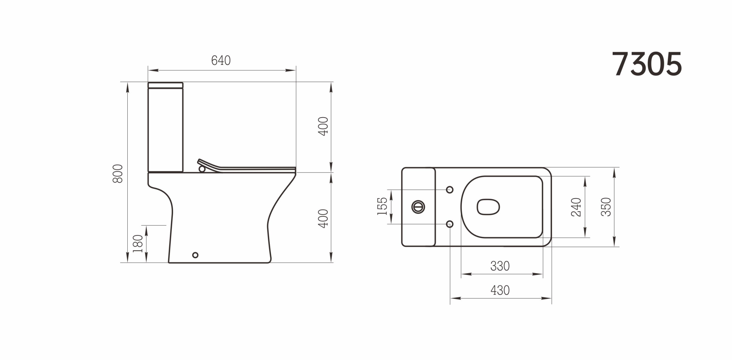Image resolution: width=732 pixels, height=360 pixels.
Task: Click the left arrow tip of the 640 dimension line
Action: click(x=148, y=70)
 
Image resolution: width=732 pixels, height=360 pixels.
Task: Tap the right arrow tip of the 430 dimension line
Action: click(x=552, y=298)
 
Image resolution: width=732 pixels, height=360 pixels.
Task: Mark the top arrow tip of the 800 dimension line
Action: click(x=127, y=82)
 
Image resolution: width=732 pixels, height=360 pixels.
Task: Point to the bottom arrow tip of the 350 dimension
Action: click(x=614, y=246)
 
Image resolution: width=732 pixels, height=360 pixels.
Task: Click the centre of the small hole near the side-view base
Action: click(x=195, y=255)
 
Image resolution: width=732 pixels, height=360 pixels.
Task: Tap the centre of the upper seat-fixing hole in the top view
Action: click(x=450, y=190)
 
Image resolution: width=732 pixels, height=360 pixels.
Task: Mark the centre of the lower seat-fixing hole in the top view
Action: click(x=450, y=224)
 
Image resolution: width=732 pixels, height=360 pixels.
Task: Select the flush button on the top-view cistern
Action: click(x=418, y=207)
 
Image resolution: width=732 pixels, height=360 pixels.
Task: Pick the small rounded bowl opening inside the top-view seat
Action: click(x=488, y=207)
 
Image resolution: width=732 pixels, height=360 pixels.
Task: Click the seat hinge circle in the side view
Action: click(x=202, y=169)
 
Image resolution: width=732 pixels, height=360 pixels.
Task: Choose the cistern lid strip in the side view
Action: click(x=165, y=85)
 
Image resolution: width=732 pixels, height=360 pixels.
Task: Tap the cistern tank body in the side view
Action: click(x=165, y=130)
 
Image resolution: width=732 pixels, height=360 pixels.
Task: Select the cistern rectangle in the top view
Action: click(x=418, y=207)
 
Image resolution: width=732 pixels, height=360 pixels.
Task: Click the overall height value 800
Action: click(x=118, y=174)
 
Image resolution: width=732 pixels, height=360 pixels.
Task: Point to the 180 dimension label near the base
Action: click(x=138, y=244)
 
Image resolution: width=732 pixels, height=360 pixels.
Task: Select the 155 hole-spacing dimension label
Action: click(x=382, y=206)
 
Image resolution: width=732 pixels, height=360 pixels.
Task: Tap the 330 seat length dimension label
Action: click(x=500, y=266)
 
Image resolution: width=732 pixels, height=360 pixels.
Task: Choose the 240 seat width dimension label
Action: click(x=576, y=207)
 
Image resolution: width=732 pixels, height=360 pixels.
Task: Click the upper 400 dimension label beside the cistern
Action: click(x=323, y=126)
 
